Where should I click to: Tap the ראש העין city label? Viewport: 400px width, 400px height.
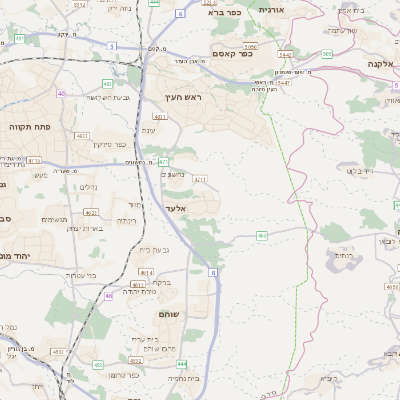click(x=184, y=97)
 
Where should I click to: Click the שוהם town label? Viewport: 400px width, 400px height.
click(x=169, y=315)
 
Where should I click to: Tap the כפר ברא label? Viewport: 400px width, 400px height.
click(x=226, y=13)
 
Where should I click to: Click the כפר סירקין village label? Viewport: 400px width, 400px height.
click(x=104, y=144)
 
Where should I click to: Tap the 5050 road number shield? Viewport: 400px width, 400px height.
click(x=249, y=46)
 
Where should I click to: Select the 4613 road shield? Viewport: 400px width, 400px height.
click(x=146, y=272)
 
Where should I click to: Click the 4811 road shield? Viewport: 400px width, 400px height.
click(x=159, y=117)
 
